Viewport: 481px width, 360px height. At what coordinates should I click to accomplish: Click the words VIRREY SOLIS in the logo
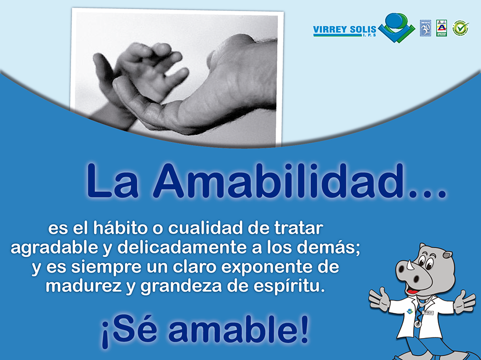coord(345,29)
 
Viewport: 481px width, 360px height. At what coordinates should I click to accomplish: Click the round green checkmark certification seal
coord(460,28)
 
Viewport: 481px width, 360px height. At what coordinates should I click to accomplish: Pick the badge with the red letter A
coord(441,28)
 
